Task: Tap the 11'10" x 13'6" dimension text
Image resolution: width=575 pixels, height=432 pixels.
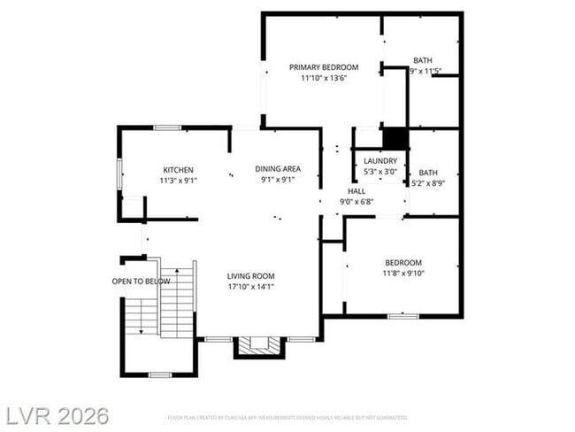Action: (x=323, y=78)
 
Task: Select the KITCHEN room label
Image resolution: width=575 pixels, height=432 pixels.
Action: (x=178, y=170)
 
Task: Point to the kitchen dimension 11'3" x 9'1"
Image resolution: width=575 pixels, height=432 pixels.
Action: (x=178, y=181)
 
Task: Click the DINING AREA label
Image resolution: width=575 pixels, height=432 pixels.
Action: (x=279, y=169)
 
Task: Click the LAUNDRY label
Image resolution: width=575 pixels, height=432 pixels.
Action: (x=380, y=161)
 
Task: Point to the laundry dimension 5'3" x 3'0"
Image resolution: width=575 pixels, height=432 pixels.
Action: (x=380, y=172)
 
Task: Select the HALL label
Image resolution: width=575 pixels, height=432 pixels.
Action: (x=356, y=191)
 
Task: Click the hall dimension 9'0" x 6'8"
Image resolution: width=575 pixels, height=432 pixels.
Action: (x=356, y=202)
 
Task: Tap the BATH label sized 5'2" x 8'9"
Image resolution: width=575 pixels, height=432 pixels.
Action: (x=428, y=173)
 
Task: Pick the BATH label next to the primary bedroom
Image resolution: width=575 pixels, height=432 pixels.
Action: (x=423, y=60)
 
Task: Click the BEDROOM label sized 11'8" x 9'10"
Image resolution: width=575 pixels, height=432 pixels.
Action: (x=402, y=263)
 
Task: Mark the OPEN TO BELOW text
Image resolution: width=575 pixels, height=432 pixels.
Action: (x=141, y=282)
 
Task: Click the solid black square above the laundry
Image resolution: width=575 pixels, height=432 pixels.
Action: (x=395, y=139)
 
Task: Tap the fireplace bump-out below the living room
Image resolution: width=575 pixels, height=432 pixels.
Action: (x=260, y=346)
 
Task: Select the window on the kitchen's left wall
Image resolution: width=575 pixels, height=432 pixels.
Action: (x=119, y=174)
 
